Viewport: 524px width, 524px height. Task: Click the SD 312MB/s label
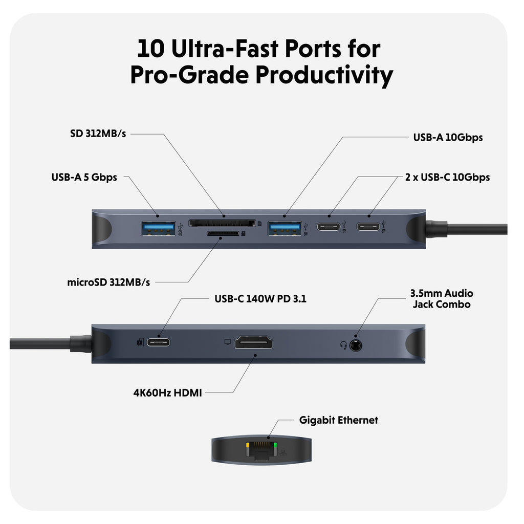point(98,134)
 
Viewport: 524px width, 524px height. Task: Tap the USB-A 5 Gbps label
point(84,178)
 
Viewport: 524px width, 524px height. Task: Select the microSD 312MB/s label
point(108,282)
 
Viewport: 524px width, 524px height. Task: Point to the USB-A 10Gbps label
point(448,137)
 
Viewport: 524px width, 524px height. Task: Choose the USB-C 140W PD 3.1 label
point(260,299)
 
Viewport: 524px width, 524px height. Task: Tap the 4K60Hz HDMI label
point(168,393)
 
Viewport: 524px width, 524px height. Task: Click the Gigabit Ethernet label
point(338,420)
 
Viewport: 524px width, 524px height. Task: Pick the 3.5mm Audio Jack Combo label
point(441,299)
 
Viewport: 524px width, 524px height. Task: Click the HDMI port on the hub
point(253,343)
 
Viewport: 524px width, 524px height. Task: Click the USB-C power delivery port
point(159,342)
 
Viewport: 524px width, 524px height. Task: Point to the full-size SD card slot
point(222,223)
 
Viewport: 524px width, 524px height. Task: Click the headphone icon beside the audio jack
point(343,345)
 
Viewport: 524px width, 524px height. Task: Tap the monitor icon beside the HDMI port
point(228,341)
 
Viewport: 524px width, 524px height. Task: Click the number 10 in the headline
point(151,49)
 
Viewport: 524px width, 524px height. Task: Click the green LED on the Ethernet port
point(276,445)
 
